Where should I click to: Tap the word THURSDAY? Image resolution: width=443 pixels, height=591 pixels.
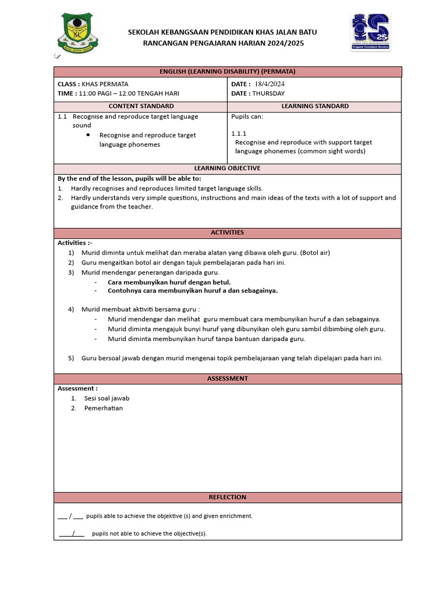pos(269,93)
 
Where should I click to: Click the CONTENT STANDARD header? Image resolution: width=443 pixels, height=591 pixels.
pos(141,106)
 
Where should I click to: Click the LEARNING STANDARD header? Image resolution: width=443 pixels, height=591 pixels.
pos(314,106)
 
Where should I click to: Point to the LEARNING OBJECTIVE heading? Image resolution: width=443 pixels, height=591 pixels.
pos(227,168)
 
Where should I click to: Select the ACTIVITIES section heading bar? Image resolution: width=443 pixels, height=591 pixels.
pos(227,233)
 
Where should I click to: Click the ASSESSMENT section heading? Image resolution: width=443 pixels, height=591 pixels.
pos(227,379)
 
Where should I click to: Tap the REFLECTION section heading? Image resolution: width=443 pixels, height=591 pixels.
pos(227,497)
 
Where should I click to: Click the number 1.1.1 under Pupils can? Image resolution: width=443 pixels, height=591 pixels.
pos(239,133)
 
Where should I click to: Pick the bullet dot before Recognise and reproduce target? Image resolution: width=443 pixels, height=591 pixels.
pos(88,134)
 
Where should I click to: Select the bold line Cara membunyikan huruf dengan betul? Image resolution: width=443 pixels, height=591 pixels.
pos(169,282)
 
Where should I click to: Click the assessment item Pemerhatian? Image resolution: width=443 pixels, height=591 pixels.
pos(103,408)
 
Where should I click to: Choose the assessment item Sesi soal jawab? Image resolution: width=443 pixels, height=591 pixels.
pos(107,398)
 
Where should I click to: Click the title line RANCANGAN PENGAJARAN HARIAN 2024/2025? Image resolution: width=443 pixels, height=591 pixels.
pos(223,43)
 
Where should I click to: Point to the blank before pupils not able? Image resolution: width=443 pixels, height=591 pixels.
pos(72,534)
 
